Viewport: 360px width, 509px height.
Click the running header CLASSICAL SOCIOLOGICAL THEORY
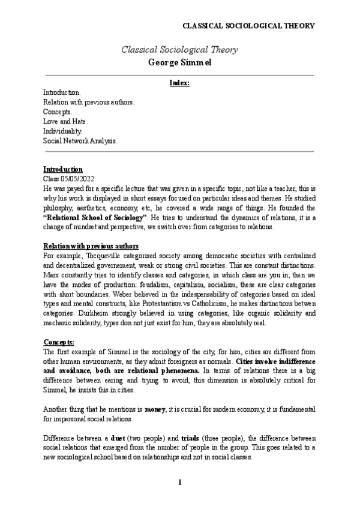click(x=248, y=26)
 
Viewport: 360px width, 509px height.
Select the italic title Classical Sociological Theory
click(x=179, y=50)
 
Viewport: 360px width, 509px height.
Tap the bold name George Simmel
click(x=179, y=62)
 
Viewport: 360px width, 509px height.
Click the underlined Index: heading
click(x=179, y=83)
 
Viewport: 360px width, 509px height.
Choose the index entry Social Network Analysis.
click(x=80, y=140)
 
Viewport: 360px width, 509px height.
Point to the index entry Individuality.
click(x=62, y=131)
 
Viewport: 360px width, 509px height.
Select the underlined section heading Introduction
click(x=63, y=169)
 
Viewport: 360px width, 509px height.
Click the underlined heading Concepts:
click(x=58, y=342)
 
